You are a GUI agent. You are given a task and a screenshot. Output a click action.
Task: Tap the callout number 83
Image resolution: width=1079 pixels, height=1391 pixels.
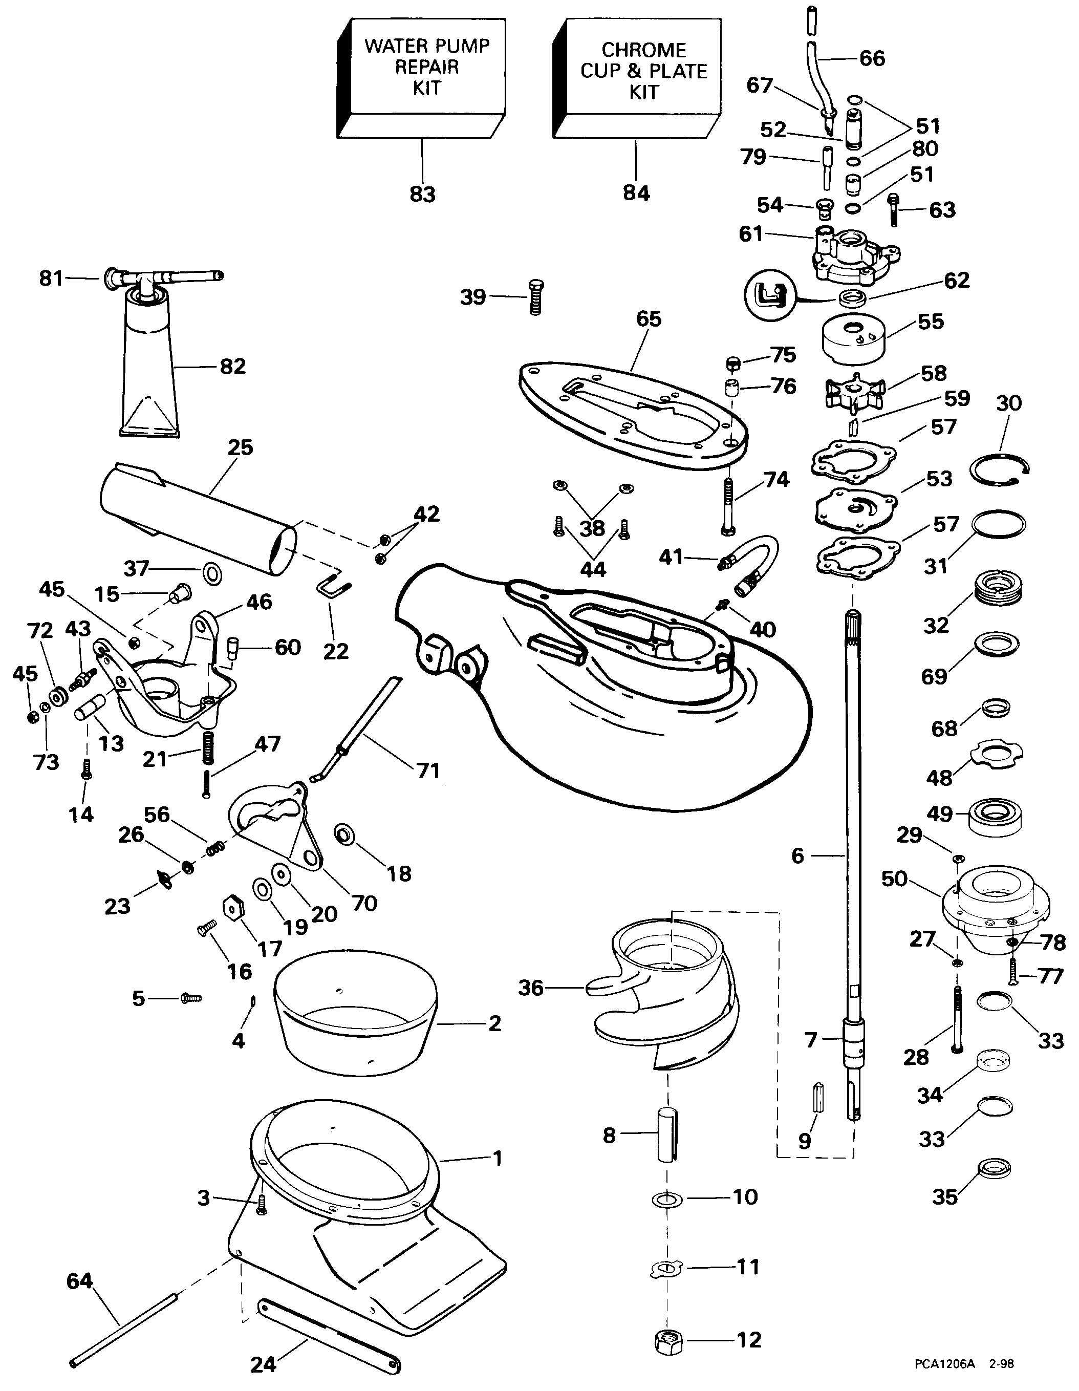(422, 194)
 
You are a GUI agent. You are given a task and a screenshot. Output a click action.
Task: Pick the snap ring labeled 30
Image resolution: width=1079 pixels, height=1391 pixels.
(999, 470)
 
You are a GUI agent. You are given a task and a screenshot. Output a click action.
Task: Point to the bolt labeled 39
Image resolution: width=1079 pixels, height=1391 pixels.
(536, 297)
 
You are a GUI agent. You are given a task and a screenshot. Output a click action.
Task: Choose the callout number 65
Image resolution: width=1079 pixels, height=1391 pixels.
(649, 318)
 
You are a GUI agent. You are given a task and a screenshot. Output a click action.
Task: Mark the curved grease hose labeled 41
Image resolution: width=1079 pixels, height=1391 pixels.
(748, 565)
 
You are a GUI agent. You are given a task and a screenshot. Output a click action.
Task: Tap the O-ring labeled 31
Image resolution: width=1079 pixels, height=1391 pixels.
(999, 524)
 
